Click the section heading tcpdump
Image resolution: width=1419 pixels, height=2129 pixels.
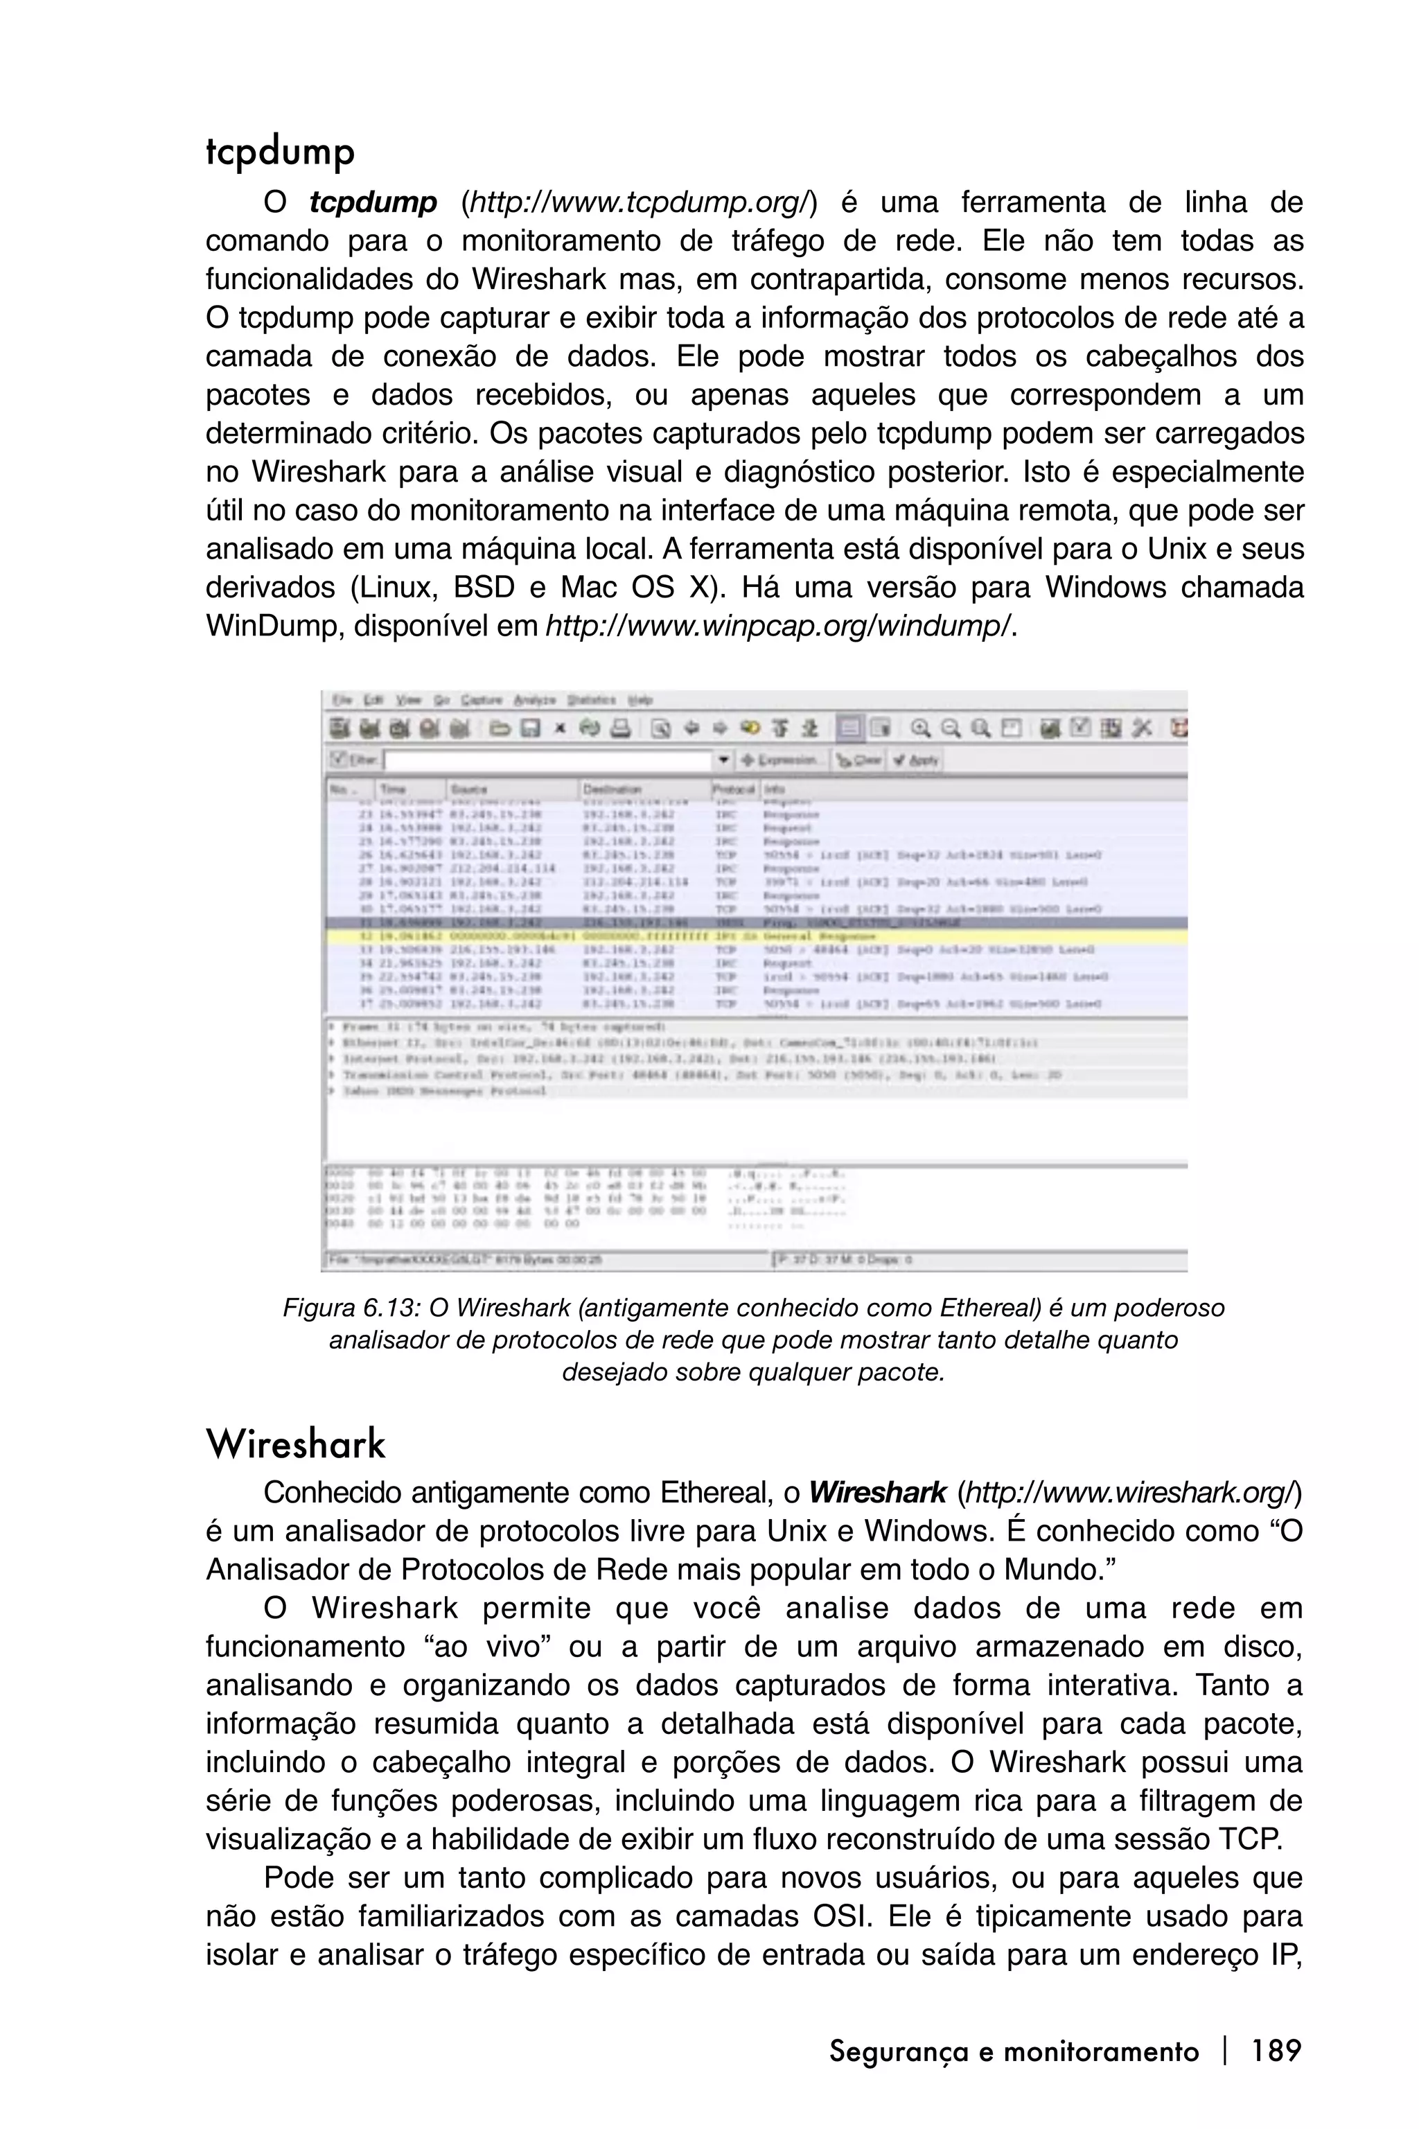click(280, 152)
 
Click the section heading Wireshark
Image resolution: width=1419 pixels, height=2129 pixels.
click(296, 1444)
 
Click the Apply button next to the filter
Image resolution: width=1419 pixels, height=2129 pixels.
click(916, 760)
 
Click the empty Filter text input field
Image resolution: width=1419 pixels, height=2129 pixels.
click(547, 760)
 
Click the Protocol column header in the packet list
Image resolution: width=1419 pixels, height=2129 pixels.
click(734, 789)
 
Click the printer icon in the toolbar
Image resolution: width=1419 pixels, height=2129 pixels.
click(620, 728)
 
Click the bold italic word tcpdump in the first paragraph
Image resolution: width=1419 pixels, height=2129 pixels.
click(373, 203)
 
